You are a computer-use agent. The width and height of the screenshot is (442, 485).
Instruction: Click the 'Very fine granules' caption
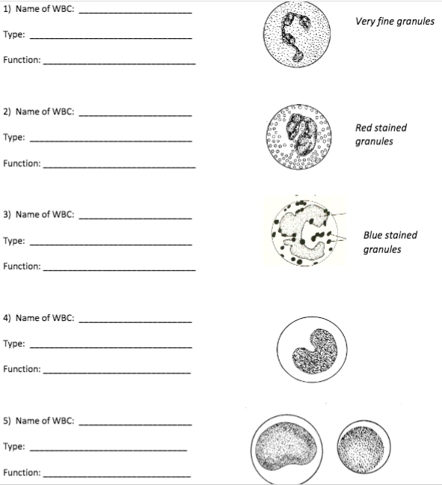[394, 22]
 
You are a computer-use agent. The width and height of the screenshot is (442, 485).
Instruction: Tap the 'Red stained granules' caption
[381, 135]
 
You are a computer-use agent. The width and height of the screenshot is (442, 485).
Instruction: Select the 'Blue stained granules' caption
[390, 242]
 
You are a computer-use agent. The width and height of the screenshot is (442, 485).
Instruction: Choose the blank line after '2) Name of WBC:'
[135, 115]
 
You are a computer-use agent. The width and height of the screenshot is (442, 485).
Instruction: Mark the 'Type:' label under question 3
[14, 241]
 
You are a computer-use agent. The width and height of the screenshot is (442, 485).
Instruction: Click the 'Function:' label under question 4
[22, 369]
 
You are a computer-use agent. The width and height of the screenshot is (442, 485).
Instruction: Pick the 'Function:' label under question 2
[22, 163]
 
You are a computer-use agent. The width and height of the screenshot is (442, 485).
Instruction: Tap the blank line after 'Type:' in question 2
[111, 140]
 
